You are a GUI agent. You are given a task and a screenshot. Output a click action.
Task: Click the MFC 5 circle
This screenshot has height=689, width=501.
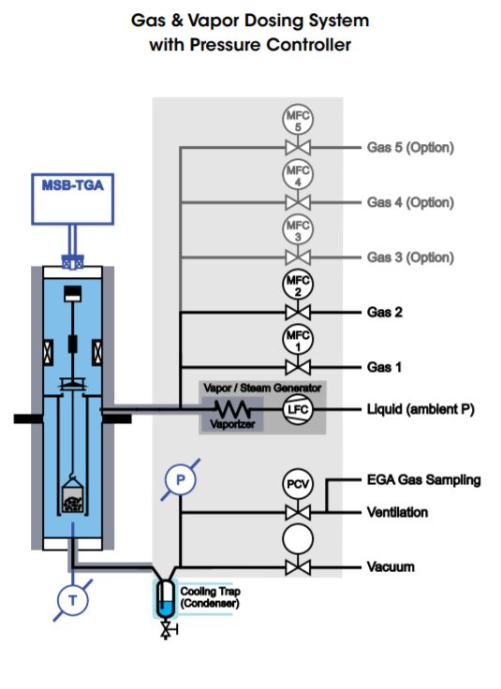tap(298, 119)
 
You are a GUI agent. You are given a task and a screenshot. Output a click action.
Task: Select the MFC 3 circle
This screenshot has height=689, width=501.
tap(298, 228)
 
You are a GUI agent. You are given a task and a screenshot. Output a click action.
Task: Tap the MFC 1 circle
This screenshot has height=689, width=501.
tap(298, 339)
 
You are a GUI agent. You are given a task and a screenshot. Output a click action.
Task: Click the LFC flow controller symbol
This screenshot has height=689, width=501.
tap(298, 409)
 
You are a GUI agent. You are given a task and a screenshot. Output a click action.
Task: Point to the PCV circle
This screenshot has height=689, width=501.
tap(298, 484)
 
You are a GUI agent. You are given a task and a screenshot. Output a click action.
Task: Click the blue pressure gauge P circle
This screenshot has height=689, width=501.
tap(180, 480)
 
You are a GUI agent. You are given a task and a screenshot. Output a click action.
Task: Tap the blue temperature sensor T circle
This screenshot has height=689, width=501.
tap(73, 600)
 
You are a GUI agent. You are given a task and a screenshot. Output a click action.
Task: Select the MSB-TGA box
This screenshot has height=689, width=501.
tap(72, 199)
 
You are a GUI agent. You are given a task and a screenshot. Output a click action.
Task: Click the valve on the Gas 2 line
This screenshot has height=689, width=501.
tap(298, 313)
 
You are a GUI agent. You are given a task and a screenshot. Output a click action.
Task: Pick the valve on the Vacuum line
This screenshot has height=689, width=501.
tap(298, 567)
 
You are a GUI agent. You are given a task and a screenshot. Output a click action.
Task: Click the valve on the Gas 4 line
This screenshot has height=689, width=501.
tap(298, 202)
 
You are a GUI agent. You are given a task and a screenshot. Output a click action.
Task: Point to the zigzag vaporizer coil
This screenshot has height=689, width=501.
tap(232, 409)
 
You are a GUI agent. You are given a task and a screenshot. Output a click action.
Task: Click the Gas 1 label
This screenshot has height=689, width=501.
tap(384, 367)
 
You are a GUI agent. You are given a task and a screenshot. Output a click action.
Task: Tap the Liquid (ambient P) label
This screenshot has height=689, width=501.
tap(420, 409)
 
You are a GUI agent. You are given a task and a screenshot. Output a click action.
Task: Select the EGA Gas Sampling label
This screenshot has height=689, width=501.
tap(423, 480)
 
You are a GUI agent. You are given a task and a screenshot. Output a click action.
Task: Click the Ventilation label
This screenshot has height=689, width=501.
tap(397, 512)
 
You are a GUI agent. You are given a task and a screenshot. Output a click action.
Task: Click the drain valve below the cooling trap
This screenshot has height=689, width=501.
tap(166, 631)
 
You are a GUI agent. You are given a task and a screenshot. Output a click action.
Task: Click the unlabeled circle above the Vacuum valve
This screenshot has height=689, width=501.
tap(298, 539)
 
